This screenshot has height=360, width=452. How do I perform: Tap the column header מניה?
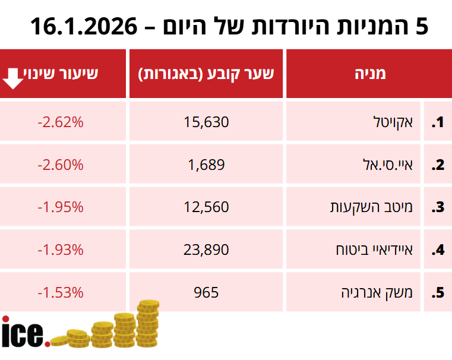tap(369, 74)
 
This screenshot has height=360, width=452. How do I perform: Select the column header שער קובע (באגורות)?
tap(207, 74)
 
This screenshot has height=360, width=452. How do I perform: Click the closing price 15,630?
tap(207, 122)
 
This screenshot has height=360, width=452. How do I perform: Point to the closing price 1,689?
tap(207, 165)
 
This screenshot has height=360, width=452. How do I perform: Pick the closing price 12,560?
tap(207, 207)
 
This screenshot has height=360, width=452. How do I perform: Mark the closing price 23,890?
tap(207, 250)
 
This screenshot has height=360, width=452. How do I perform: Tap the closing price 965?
tap(207, 292)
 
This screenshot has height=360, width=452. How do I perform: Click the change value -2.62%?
tap(61, 122)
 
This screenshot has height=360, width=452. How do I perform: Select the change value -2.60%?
tap(61, 165)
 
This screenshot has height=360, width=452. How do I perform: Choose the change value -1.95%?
tap(61, 207)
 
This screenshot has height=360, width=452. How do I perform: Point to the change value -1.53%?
tap(61, 292)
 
